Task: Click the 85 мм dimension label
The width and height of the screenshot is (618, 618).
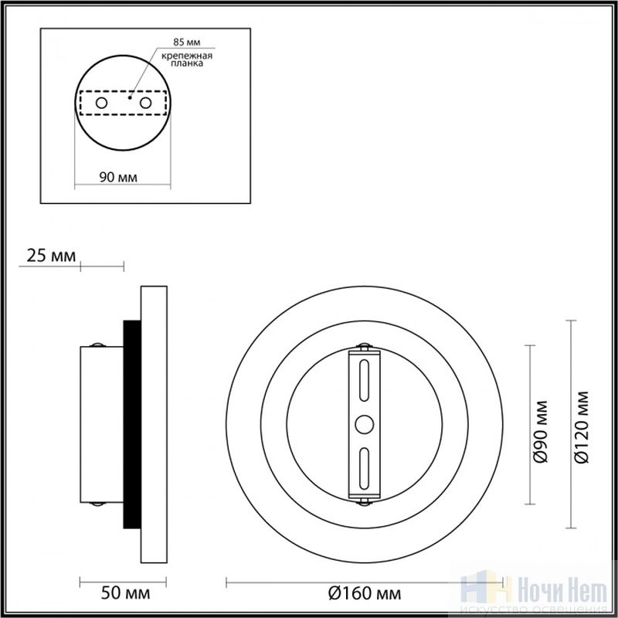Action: click(x=187, y=42)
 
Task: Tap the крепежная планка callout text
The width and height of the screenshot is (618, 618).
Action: click(x=187, y=59)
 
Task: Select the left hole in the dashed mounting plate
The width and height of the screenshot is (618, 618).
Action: click(x=101, y=104)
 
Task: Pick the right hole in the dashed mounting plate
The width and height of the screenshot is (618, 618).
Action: click(x=145, y=104)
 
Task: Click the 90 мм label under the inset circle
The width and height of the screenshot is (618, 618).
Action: click(x=118, y=178)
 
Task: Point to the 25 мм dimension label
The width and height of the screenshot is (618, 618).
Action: click(x=51, y=256)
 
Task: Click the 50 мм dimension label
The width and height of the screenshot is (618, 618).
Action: click(x=125, y=593)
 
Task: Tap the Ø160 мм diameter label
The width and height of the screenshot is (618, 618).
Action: click(x=364, y=593)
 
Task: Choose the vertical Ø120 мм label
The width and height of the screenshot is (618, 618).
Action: click(x=582, y=427)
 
